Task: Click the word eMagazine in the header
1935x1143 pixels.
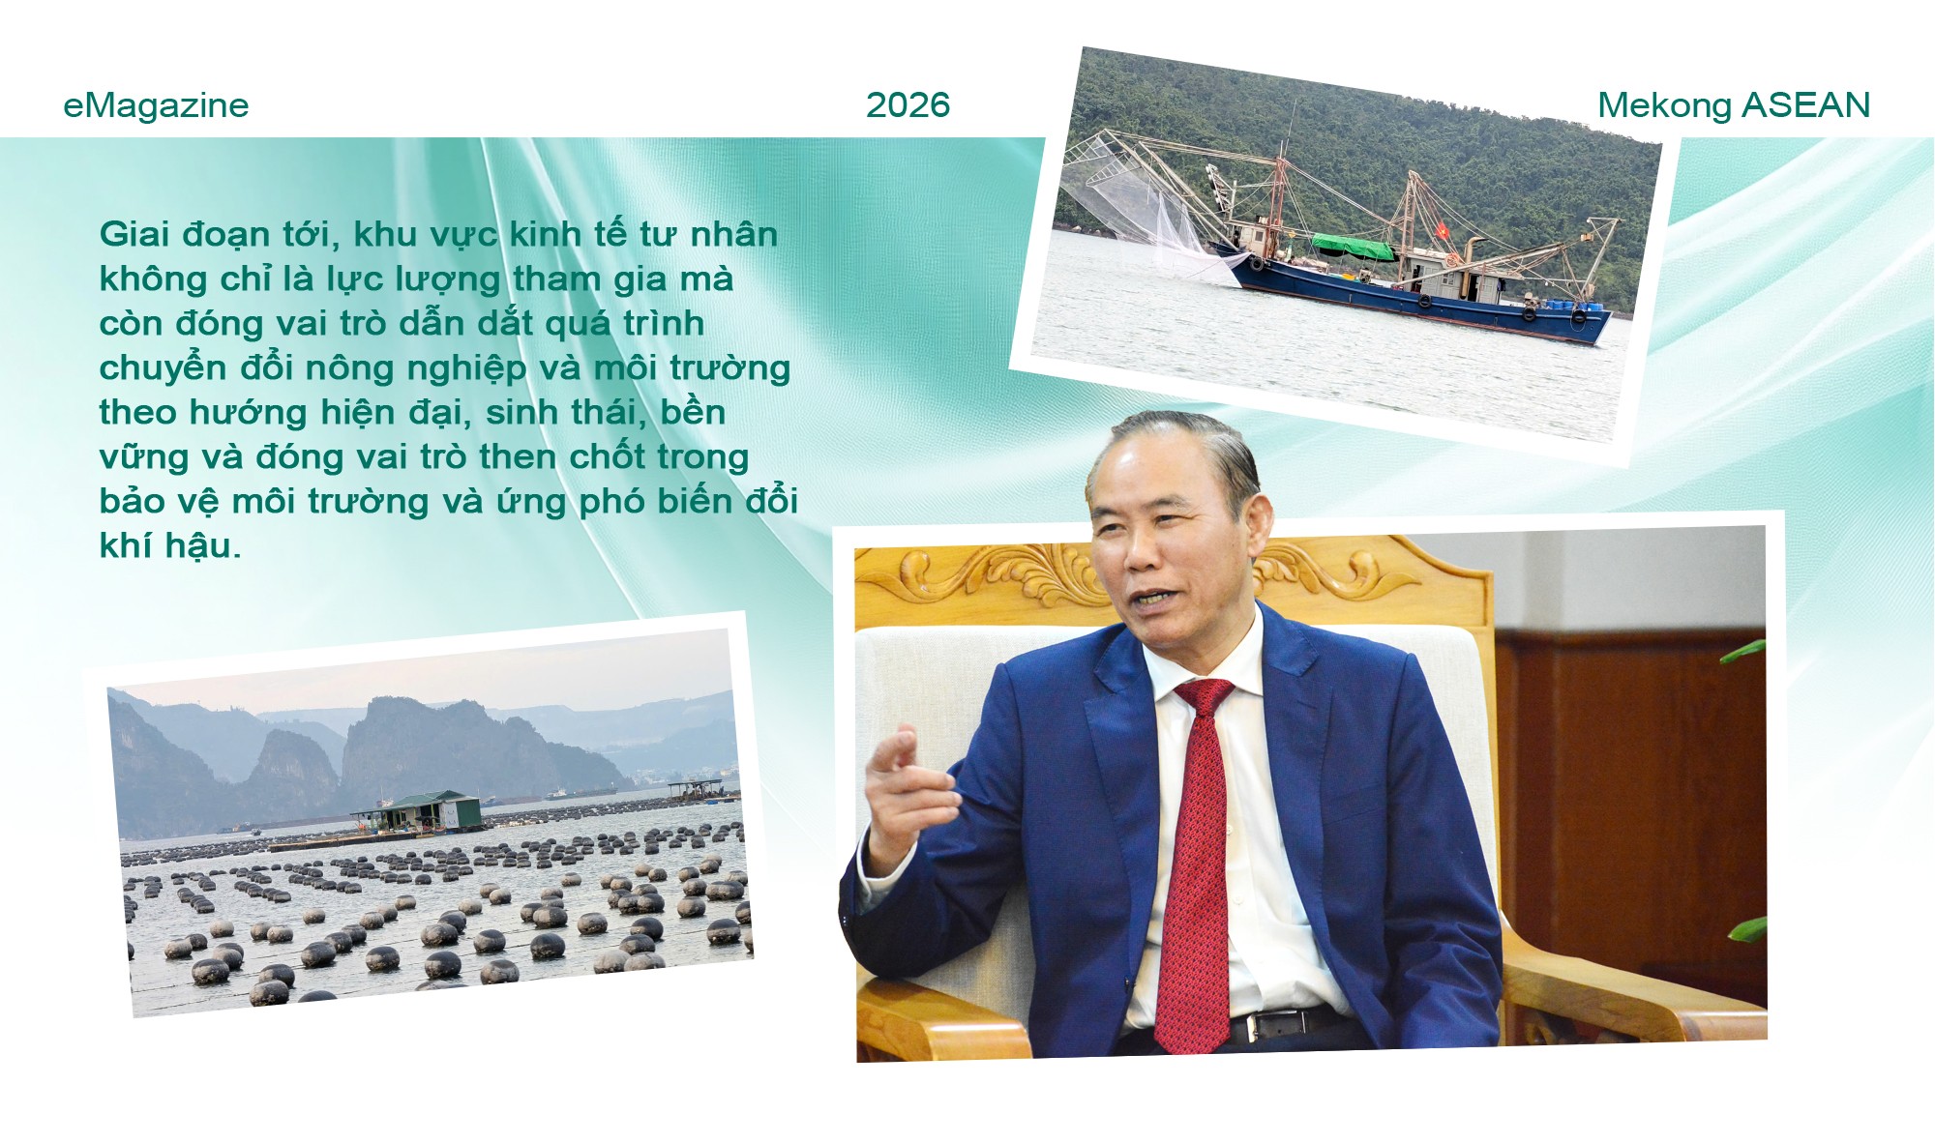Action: point(156,105)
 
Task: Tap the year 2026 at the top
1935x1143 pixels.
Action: point(908,105)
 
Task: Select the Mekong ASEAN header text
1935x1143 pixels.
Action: point(1733,105)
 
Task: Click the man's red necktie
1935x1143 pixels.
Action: point(1197,870)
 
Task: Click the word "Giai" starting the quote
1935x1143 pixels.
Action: point(134,234)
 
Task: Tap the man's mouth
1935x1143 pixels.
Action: point(1149,601)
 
